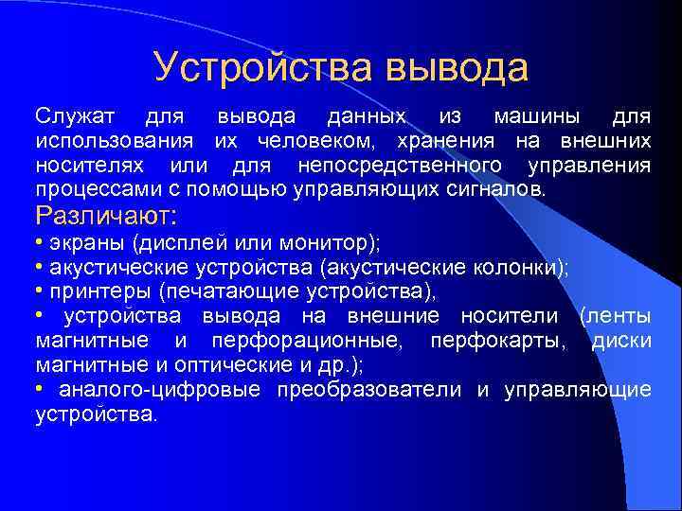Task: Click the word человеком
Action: pyautogui.click(x=312, y=141)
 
